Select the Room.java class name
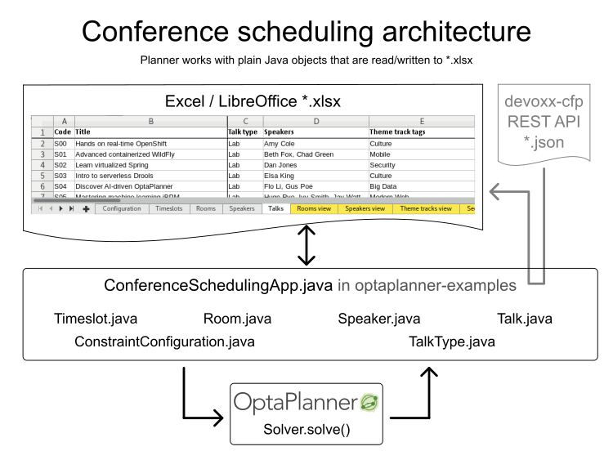[x=237, y=319]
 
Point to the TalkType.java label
[x=451, y=341]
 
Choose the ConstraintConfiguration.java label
[x=164, y=341]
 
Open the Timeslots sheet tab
[x=169, y=208]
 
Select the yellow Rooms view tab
[x=314, y=208]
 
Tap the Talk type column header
[x=243, y=132]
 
